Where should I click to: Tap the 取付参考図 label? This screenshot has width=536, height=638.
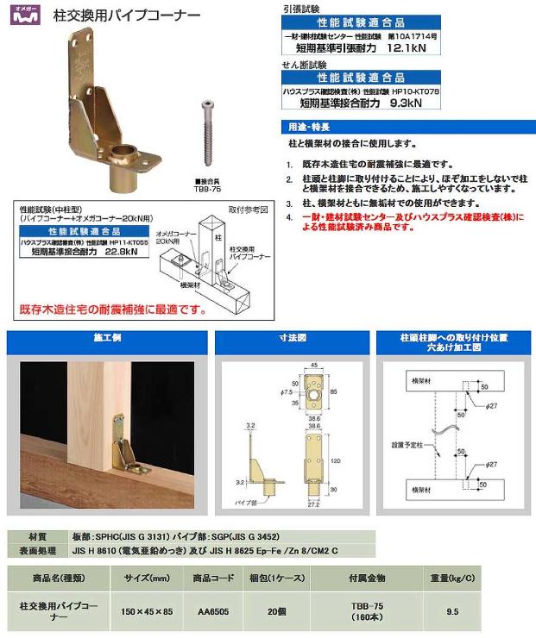[248, 210]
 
